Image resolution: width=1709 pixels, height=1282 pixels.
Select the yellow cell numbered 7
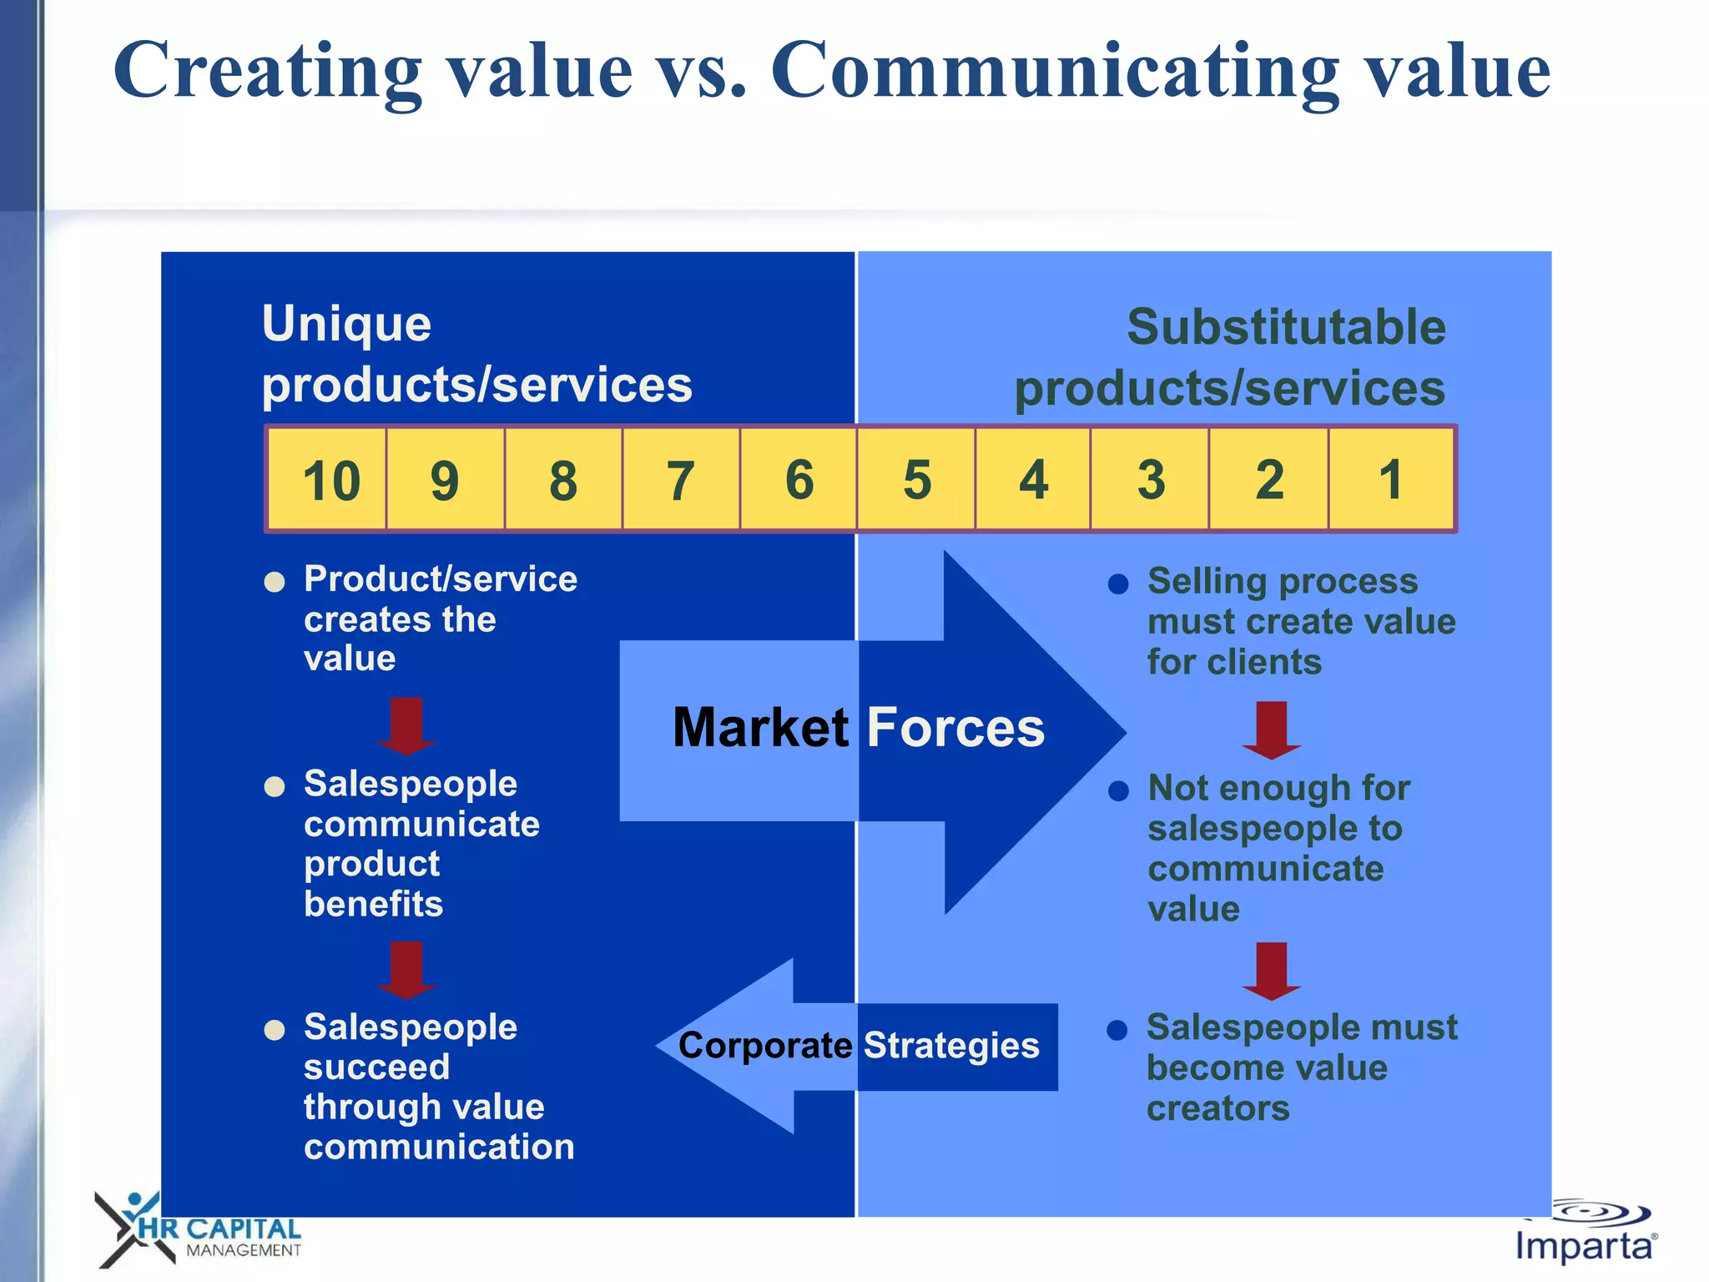point(680,480)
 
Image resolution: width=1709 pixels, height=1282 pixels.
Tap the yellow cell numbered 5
point(916,480)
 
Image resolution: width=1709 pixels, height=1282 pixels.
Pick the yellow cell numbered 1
point(1390,480)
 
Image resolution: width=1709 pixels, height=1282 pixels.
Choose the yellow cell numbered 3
point(1151,480)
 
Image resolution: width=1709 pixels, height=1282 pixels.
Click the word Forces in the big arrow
point(955,728)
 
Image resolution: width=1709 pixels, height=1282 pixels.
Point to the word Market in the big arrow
point(760,728)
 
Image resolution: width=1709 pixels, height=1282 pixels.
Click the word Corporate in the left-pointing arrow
point(764,1046)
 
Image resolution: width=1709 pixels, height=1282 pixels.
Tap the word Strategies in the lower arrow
point(951,1046)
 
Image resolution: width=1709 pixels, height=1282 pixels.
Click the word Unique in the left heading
point(346,325)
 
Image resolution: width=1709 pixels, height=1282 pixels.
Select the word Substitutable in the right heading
point(1286,327)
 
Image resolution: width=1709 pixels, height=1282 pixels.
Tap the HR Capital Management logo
point(200,1231)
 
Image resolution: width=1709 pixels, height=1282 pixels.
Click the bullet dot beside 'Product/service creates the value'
point(275,582)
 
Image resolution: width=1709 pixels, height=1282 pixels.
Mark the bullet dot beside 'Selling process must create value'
point(1118,583)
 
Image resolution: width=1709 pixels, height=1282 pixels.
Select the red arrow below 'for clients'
point(1271,729)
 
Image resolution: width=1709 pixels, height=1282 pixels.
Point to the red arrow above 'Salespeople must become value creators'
point(1271,970)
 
